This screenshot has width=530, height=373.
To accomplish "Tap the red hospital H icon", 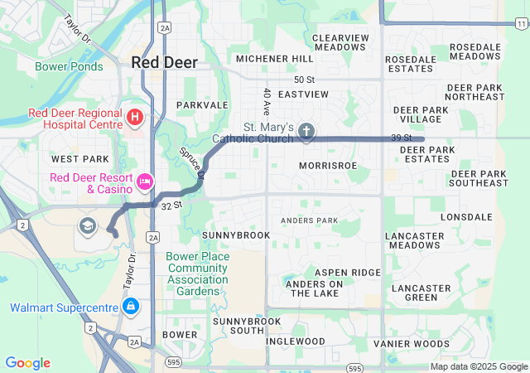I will pos(135,117).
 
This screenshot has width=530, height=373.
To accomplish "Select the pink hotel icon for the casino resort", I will pos(145,181).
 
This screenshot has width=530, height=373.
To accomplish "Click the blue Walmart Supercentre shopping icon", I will pos(130,308).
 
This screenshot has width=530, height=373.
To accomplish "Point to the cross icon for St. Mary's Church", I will pos(306,131).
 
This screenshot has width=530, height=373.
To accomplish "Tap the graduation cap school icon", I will pos(87,225).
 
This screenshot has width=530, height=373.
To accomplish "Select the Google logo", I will pos(27,363).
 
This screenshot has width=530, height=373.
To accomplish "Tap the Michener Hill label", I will pos(274,59).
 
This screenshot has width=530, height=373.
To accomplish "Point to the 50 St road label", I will pos(305,79).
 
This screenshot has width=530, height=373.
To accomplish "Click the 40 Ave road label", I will pos(267,101).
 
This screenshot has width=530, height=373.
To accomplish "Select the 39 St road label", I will pos(402,138).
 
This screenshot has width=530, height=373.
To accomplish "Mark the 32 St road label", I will pos(171,205).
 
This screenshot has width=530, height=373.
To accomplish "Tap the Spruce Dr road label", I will pos(191,163).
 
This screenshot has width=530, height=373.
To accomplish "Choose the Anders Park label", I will pos(309,220).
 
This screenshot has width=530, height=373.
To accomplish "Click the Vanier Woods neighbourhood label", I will pos(411,343).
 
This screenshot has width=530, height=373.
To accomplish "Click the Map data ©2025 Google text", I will pos(478,366).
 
